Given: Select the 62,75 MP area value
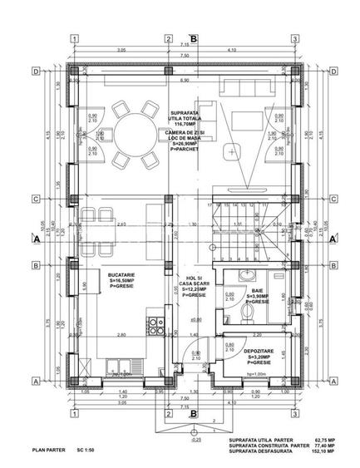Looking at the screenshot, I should pos(323,441).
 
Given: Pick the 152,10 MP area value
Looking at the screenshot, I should pos(323,454).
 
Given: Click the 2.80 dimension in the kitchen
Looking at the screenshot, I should pos(121,335).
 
